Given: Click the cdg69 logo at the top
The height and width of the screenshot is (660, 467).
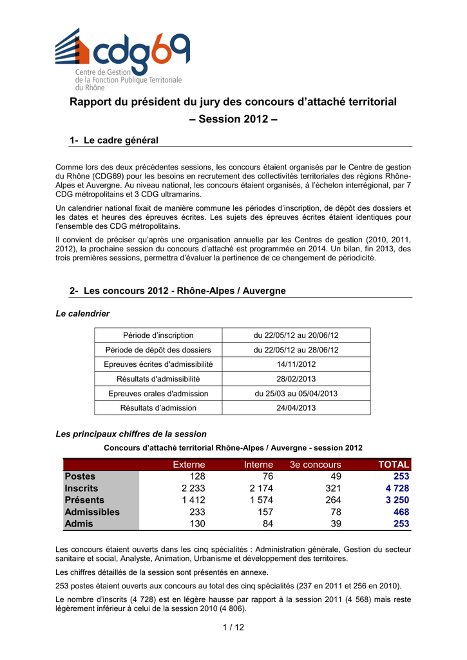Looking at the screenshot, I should (x=122, y=59).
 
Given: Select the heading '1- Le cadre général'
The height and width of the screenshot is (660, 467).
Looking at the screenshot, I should (x=113, y=140).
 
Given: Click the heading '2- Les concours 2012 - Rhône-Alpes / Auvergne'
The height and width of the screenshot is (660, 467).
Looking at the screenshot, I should (x=177, y=291).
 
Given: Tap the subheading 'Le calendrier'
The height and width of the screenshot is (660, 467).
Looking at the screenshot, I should (x=82, y=314).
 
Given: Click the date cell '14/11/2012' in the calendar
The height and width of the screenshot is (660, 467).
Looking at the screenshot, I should (x=296, y=364).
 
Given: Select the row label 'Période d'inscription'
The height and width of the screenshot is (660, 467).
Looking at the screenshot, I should (x=158, y=335).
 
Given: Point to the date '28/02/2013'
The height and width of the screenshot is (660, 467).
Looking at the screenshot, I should (x=296, y=379).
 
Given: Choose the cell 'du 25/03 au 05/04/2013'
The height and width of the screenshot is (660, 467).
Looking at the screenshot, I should (x=296, y=393).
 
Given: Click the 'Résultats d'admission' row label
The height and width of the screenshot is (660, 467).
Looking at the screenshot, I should (x=158, y=408).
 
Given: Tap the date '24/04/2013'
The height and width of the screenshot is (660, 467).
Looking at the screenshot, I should (x=296, y=408).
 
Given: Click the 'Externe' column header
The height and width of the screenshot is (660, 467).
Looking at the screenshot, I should (x=189, y=465).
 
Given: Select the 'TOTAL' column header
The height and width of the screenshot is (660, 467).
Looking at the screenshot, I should (x=394, y=465).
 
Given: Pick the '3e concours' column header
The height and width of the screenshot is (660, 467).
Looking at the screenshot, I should (x=316, y=465).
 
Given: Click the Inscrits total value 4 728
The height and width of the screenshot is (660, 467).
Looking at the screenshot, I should (x=397, y=489).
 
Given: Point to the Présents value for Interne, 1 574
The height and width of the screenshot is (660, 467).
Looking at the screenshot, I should (x=261, y=500).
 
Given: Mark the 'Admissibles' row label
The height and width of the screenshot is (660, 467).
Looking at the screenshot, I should (x=92, y=512).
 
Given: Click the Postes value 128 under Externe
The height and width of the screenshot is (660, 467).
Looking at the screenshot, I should (x=197, y=476).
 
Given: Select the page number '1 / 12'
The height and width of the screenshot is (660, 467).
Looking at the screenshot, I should (x=233, y=628).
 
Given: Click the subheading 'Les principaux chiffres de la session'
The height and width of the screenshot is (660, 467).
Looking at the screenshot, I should (x=131, y=434).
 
